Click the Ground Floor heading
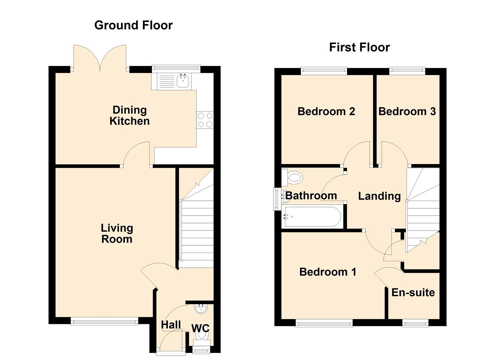133,25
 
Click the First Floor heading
359,47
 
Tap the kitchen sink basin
183,81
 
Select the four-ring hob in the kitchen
205,120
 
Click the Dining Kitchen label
129,115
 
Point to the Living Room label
117,233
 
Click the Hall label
171,325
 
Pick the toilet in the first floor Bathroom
293,177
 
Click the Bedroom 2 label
326,111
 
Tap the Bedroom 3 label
407,111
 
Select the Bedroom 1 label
328,272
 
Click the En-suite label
413,293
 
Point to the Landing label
379,196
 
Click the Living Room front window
104,321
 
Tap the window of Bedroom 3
407,70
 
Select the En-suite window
415,323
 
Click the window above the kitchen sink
176,68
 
